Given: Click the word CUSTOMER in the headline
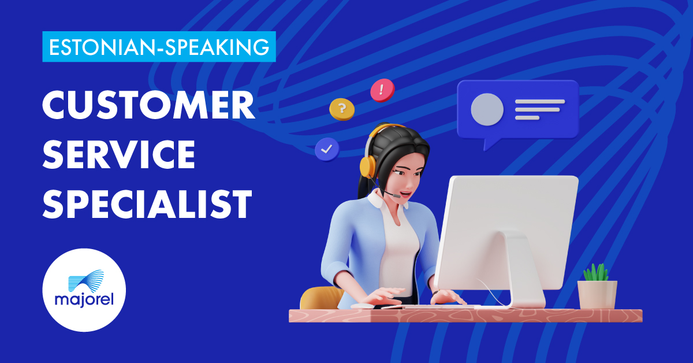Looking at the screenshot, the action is [148, 105].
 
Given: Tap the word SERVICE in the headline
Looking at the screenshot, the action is [119, 154].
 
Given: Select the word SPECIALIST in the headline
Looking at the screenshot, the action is [147, 203].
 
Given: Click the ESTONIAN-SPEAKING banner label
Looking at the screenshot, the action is [159, 47].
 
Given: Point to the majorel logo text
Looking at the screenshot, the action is [84, 300].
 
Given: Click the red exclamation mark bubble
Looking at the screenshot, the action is [382, 90].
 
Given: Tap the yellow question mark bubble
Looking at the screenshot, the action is [342, 109].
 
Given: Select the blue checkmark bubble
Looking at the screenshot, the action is [327, 150].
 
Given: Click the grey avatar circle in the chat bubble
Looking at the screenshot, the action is [487, 109].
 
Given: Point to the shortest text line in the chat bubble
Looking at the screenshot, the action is [527, 118].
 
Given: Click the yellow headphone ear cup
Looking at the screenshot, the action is [367, 166].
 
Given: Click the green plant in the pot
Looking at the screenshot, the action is [595, 273].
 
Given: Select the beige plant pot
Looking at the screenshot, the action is [597, 295].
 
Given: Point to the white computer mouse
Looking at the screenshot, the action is [362, 306].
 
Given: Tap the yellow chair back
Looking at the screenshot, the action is [321, 298].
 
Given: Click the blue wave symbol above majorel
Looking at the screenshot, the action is [86, 280].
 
